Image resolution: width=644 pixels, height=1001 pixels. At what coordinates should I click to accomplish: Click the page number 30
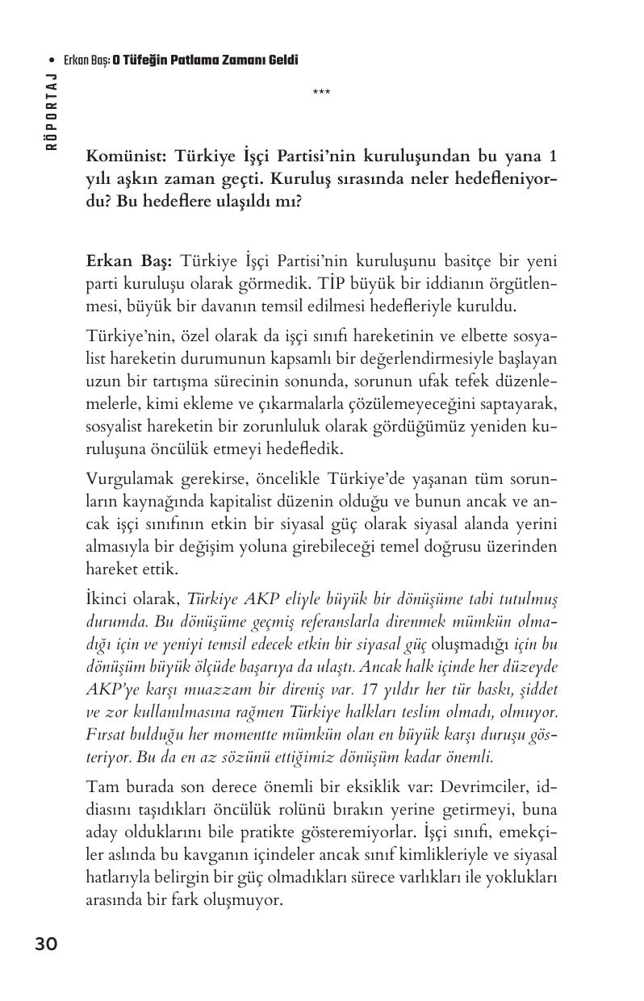click(46, 944)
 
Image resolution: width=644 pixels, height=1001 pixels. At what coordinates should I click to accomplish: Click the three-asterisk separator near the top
click(321, 93)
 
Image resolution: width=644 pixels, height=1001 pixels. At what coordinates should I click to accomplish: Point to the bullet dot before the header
click(52, 60)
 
